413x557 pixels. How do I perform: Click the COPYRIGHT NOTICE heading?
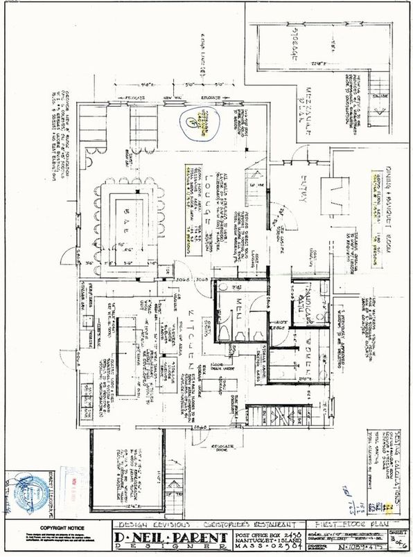[55, 527]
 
